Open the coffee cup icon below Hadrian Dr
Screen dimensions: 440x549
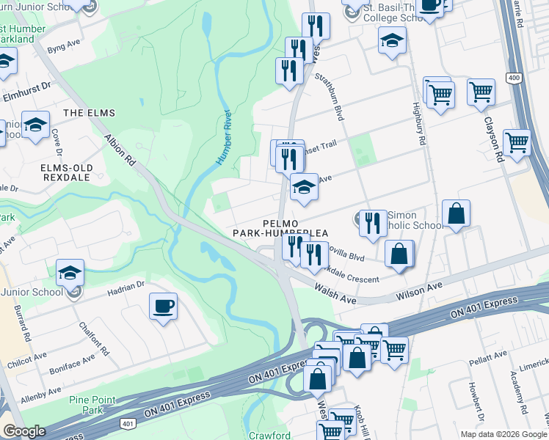(163, 306)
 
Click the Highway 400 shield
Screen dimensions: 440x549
(514, 77)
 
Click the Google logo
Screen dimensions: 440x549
(24, 430)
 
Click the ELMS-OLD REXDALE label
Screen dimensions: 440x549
(66, 173)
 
